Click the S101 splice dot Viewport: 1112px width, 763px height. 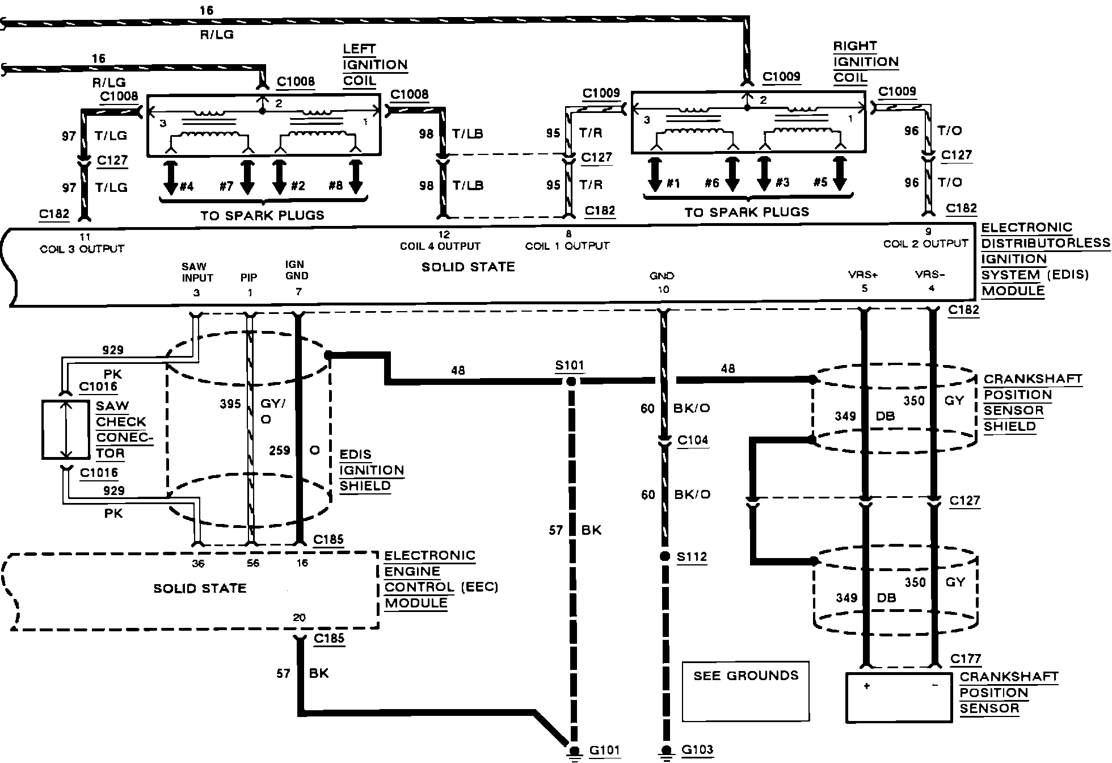tap(571, 381)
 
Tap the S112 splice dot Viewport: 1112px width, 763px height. tap(664, 556)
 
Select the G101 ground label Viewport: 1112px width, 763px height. tap(605, 751)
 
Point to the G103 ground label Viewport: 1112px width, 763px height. tap(697, 750)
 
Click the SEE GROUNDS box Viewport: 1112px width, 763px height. tap(745, 691)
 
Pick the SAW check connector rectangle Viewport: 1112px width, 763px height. tap(66, 429)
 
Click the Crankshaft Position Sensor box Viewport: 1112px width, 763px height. tap(899, 697)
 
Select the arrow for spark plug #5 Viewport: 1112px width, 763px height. tap(840, 174)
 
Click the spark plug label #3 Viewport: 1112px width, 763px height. tap(782, 182)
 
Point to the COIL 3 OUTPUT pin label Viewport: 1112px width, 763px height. tap(82, 248)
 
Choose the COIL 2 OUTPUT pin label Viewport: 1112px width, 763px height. tap(925, 243)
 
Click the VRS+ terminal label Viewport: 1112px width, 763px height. tap(864, 274)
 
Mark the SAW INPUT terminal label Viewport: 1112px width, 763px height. tap(197, 272)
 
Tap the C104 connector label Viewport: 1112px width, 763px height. tap(693, 440)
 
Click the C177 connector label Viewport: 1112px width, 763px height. tap(966, 659)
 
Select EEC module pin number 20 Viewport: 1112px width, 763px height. tap(299, 618)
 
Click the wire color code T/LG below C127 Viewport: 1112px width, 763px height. tap(111, 187)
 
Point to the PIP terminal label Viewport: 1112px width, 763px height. tap(248, 277)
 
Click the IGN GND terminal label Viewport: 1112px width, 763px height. tap(297, 270)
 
